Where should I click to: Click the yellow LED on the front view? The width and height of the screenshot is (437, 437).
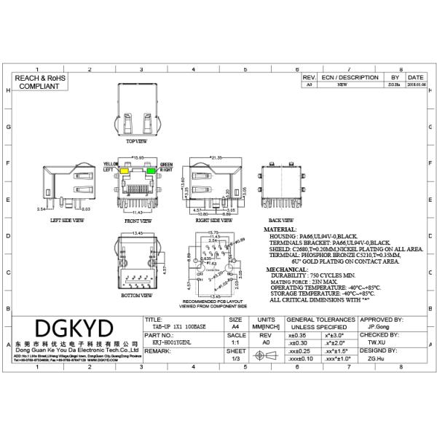coord(125,170)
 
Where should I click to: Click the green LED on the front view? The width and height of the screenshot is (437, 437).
coord(153,170)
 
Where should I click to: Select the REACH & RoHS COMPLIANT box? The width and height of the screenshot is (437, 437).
coord(39,81)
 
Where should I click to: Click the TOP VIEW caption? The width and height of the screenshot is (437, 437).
coord(137,141)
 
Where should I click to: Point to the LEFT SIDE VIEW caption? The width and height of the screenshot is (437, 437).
coord(67,219)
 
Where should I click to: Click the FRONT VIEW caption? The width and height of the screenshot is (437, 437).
coord(138,219)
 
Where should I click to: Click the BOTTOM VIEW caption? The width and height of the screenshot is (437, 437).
coord(136,296)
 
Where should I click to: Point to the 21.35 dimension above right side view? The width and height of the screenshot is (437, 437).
coord(216,157)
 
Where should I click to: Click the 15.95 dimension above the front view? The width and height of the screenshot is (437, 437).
coord(137,157)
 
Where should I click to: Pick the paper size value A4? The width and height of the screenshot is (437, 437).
coord(235,328)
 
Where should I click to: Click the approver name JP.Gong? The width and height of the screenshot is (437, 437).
coord(377,328)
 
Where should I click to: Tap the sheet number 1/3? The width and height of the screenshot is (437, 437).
coord(235,358)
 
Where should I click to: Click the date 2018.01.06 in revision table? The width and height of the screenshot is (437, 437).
coord(415,84)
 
